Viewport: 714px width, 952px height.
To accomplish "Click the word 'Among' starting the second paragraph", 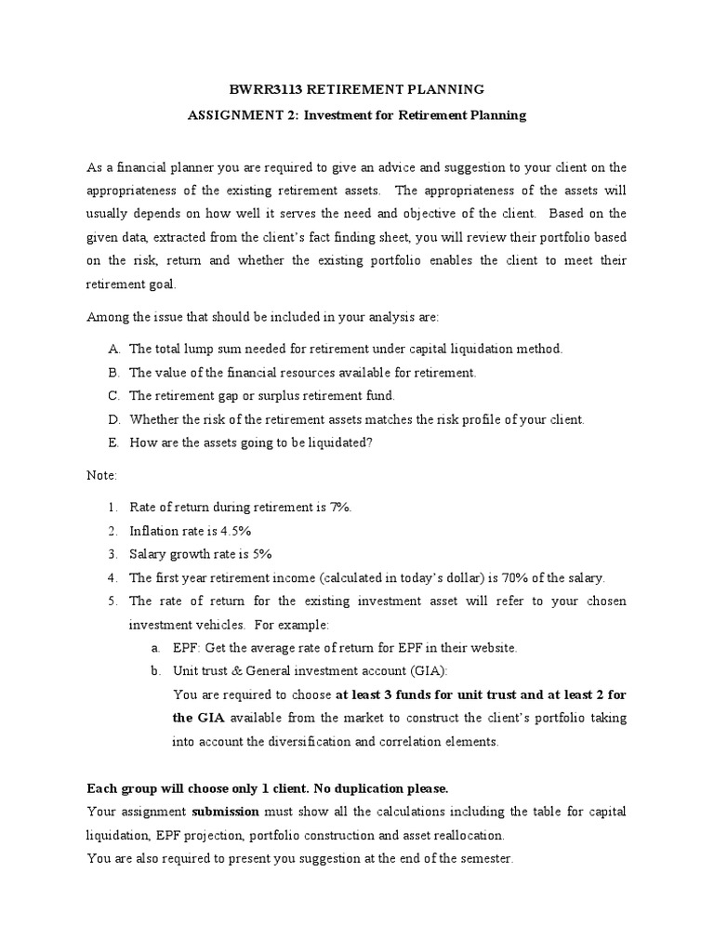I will tap(106, 317).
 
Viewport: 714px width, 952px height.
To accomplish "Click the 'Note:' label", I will tap(102, 475).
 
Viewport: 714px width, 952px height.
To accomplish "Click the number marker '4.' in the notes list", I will tap(112, 577).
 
